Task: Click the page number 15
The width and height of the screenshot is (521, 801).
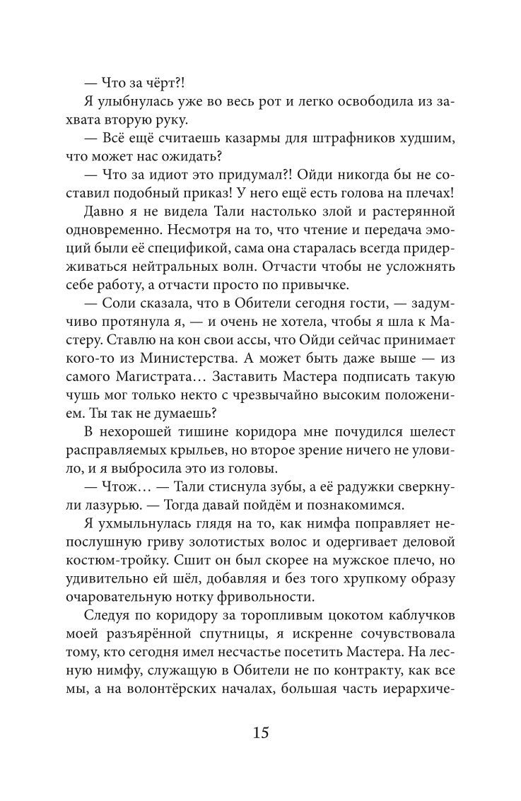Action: coord(260,733)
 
